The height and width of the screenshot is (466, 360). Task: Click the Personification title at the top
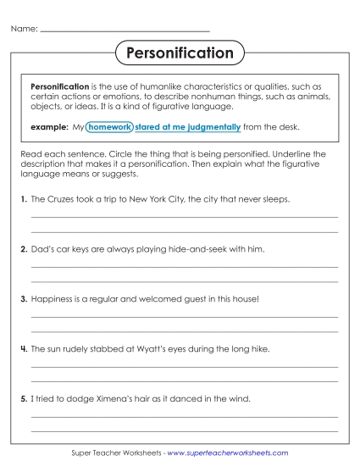coord(180,53)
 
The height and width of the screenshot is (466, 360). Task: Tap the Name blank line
coord(125,31)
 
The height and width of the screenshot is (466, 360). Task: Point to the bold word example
coord(47,127)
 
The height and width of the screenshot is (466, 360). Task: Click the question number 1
coord(23,200)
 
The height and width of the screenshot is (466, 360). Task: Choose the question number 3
coord(23,299)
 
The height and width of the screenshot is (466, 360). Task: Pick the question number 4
coord(23,348)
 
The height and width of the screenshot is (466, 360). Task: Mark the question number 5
coord(23,398)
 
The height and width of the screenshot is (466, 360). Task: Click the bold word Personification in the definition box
coord(60,86)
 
